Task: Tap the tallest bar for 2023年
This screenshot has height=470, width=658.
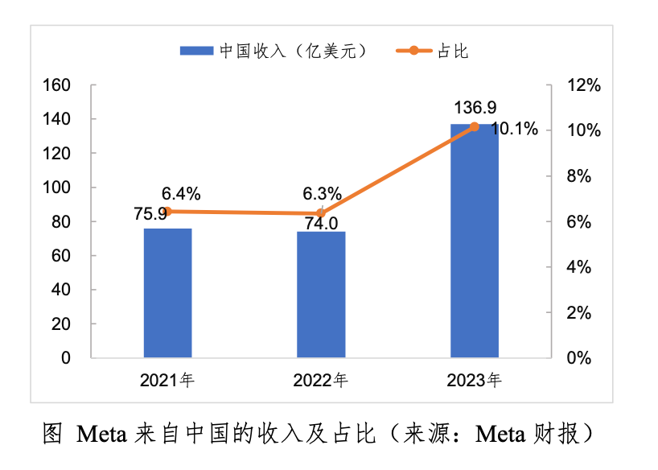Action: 474,241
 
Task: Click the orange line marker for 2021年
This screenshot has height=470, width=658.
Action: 167,212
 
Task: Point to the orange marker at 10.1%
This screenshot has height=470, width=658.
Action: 474,127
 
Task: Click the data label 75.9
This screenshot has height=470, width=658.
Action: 150,213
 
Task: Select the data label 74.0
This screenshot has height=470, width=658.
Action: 321,224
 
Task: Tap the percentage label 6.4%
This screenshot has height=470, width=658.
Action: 181,193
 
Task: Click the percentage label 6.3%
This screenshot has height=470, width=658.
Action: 322,194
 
